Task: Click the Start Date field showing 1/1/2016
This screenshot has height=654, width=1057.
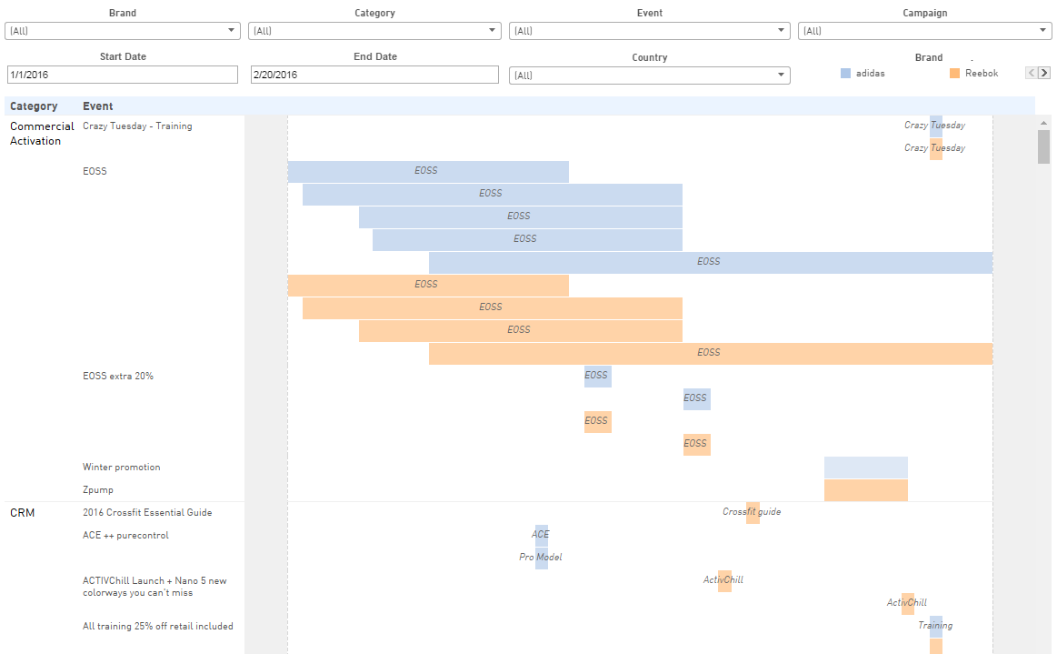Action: point(122,75)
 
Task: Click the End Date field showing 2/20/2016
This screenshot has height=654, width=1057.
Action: point(374,75)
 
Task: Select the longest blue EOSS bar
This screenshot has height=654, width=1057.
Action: point(710,262)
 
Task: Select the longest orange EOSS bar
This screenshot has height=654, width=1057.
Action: point(710,353)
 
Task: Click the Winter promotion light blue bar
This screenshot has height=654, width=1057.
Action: point(865,467)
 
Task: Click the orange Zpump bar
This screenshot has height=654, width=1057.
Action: point(865,490)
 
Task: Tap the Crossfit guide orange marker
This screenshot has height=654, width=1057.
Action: point(753,512)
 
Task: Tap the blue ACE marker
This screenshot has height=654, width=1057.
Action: point(542,535)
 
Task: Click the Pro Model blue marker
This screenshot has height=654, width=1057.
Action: point(542,557)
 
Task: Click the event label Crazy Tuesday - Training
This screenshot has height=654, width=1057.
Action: point(137,126)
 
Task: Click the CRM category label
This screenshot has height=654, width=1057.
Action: point(23,513)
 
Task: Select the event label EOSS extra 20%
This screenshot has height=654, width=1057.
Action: point(118,377)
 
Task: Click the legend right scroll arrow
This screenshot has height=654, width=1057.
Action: point(1044,73)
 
